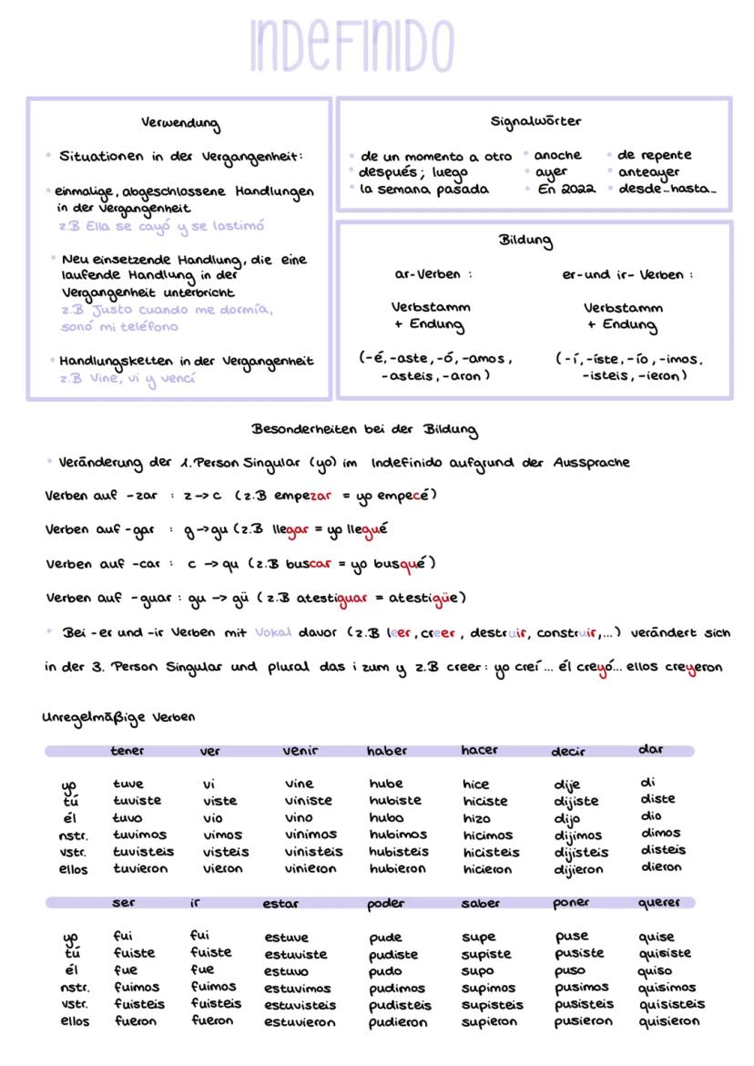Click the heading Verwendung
pyautogui.click(x=179, y=122)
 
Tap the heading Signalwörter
pyautogui.click(x=535, y=120)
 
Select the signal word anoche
pyautogui.click(x=557, y=155)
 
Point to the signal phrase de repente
pyautogui.click(x=654, y=155)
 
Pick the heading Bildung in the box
pyautogui.click(x=525, y=241)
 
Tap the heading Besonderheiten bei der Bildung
pyautogui.click(x=364, y=429)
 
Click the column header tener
pyautogui.click(x=127, y=751)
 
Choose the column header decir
pyautogui.click(x=568, y=752)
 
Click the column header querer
pyautogui.click(x=659, y=903)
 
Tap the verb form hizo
pyautogui.click(x=474, y=818)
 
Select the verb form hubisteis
pyautogui.click(x=399, y=852)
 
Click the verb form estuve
pyautogui.click(x=287, y=937)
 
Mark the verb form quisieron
pyautogui.click(x=669, y=1021)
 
